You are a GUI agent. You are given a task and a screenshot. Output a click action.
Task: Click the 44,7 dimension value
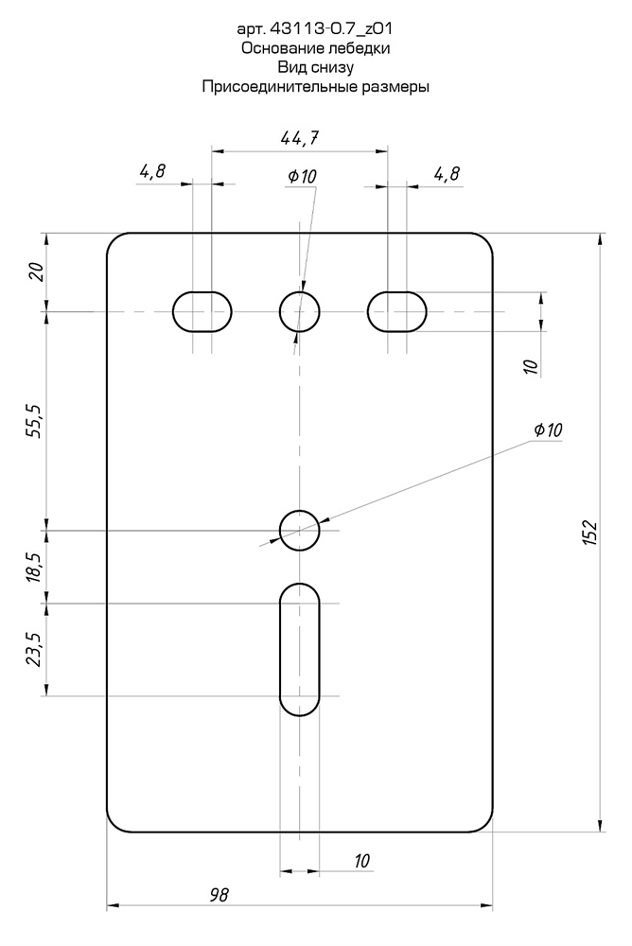tap(300, 138)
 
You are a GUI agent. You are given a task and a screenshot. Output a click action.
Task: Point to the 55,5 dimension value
tap(35, 420)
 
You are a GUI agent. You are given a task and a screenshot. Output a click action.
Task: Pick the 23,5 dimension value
tap(35, 650)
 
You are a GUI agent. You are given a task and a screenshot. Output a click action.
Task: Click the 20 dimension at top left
tap(35, 272)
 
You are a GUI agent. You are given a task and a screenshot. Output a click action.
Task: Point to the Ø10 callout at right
tap(548, 430)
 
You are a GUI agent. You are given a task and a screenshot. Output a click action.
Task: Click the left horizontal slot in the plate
tap(202, 311)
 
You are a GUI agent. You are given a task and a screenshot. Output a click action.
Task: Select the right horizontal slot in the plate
tap(397, 311)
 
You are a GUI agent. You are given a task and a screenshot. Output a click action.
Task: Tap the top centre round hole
tap(300, 311)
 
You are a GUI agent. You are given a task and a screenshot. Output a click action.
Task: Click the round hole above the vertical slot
tap(300, 530)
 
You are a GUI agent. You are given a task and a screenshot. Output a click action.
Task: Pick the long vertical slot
tap(300, 649)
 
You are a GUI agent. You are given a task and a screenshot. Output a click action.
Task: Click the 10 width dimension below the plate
tap(360, 861)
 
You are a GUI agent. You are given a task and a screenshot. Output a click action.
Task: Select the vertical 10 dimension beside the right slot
tap(530, 364)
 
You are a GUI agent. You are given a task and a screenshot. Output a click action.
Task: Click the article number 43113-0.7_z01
tap(325, 29)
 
